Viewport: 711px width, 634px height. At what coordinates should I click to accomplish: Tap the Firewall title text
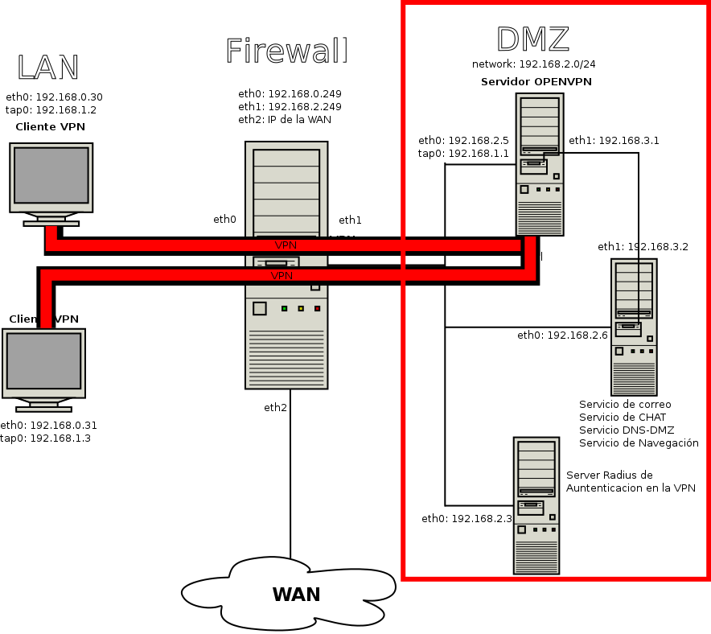point(286,51)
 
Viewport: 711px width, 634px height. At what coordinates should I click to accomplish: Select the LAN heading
point(48,68)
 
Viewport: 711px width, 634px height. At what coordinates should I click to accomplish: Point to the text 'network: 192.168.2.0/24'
point(533,64)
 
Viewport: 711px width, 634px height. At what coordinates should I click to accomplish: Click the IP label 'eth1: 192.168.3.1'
point(614,140)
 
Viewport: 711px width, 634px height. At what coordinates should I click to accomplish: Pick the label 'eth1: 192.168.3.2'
point(643,246)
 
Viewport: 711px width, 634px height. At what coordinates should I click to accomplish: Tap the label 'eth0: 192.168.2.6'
point(562,335)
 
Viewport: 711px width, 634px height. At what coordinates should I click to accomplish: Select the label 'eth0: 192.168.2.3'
point(466,519)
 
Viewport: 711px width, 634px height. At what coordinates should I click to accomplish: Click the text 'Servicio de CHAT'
point(622,417)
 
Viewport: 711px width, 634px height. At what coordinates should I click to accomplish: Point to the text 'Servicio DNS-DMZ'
point(626,430)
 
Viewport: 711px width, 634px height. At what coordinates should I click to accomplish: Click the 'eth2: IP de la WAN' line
point(285,120)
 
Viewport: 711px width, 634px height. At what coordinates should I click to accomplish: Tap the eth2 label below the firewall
point(275,408)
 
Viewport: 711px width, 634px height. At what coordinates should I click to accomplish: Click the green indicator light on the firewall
point(284,309)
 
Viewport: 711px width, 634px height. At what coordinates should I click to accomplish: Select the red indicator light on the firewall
point(317,309)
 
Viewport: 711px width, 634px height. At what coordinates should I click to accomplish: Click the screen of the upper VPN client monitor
point(51,175)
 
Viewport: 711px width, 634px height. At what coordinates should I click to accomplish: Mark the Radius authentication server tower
point(536,505)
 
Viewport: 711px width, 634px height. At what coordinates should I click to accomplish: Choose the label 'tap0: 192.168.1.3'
point(45,438)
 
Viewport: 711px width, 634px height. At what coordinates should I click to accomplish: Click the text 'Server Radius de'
point(610,475)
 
